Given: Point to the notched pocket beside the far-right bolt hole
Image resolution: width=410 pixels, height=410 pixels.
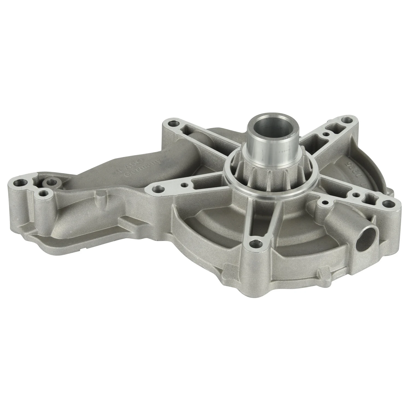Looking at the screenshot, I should (368, 196).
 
